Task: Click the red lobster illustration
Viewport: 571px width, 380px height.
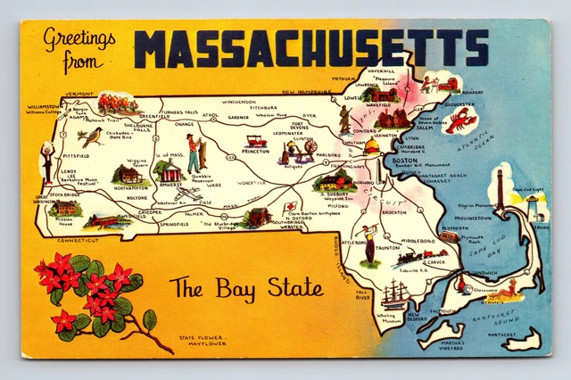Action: click(x=461, y=120)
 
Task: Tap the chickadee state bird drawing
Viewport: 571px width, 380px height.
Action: click(x=91, y=136)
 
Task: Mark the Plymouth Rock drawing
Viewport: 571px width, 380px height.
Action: click(x=450, y=237)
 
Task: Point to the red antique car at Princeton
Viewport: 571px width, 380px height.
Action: click(x=257, y=140)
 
